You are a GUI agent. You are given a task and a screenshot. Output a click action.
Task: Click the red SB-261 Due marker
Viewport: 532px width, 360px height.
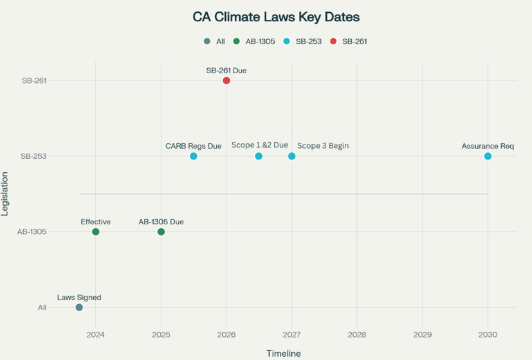pos(226,80)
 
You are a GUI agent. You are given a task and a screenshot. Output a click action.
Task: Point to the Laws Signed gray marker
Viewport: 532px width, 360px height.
pos(79,307)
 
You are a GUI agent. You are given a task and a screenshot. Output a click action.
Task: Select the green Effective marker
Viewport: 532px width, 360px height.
pos(96,232)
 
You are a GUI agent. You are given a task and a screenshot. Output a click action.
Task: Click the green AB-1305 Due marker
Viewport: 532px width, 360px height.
pos(161,232)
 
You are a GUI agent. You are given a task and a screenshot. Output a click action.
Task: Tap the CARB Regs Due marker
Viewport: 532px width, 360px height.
pos(194,156)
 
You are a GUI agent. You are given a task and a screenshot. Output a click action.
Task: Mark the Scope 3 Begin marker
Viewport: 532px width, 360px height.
pos(292,156)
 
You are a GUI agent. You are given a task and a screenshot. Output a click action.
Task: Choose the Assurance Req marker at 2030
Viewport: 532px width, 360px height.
pos(488,156)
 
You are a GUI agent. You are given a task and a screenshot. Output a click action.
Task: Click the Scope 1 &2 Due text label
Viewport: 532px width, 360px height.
pos(260,145)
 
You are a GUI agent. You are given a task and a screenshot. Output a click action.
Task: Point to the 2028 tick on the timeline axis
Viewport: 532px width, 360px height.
pos(357,334)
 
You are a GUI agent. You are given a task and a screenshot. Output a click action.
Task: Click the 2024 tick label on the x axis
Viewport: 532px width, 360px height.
pos(96,334)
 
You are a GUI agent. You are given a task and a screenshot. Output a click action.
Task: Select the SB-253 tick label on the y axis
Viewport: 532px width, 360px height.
pos(33,156)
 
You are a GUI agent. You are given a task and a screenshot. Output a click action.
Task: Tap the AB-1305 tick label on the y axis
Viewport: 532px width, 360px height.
pos(31,232)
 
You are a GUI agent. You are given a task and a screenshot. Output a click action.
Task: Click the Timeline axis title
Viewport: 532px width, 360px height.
pos(284,353)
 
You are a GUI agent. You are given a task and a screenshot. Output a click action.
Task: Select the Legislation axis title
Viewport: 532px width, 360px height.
pos(6,203)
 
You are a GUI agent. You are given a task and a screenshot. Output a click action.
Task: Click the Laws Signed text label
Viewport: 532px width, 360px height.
pos(79,298)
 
